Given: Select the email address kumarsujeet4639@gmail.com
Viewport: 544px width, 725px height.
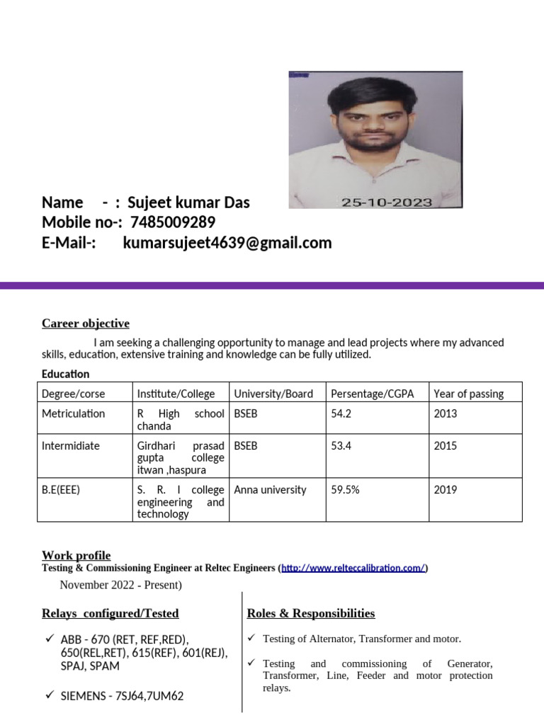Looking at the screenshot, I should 227,244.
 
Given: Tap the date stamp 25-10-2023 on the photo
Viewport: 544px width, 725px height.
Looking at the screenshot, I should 386,202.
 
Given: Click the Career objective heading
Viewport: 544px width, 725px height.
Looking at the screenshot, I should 86,324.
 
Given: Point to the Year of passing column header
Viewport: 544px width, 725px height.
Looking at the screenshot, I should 468,394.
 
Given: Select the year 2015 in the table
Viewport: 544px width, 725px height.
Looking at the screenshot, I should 445,446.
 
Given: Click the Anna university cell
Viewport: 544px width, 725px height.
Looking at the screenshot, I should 270,490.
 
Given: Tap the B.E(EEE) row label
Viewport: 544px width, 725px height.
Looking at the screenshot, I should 62,490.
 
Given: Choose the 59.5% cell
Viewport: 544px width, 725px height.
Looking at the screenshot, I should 345,490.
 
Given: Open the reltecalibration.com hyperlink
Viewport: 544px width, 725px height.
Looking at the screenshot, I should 353,569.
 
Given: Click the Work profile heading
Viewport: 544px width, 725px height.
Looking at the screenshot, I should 76,555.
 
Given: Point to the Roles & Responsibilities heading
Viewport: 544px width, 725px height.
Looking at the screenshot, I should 311,613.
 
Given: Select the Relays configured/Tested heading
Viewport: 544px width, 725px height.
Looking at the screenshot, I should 110,613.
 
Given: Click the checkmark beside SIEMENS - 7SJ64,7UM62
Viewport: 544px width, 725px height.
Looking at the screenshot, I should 50,695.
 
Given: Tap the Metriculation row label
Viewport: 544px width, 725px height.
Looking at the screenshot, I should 74,413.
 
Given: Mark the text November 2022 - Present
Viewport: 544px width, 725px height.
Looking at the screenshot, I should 120,585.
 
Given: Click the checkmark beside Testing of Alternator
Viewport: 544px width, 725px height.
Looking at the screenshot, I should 251,639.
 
